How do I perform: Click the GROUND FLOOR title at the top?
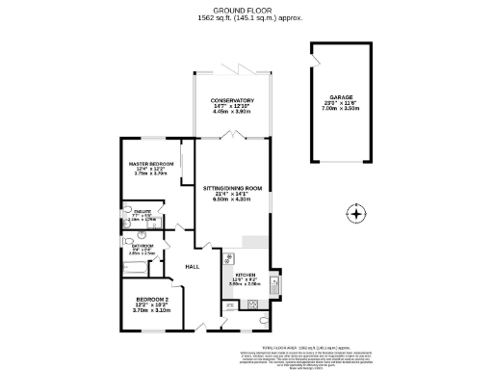[x=246, y=10]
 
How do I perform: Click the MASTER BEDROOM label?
[x=149, y=164]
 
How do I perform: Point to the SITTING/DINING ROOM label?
[x=232, y=187]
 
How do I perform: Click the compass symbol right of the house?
[x=355, y=214]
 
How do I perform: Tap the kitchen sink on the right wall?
[x=274, y=283]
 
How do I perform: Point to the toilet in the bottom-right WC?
[x=265, y=320]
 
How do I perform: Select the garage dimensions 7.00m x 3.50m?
[x=339, y=108]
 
